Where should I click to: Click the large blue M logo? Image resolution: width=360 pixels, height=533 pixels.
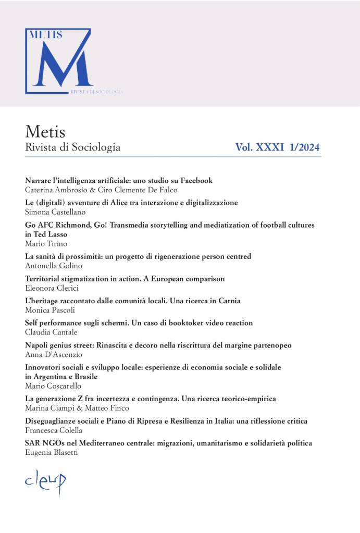59,61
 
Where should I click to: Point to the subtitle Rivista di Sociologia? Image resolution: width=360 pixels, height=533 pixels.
72,147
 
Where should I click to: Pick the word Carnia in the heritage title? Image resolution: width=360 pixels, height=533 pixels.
228,301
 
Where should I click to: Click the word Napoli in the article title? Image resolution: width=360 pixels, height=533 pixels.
37,345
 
